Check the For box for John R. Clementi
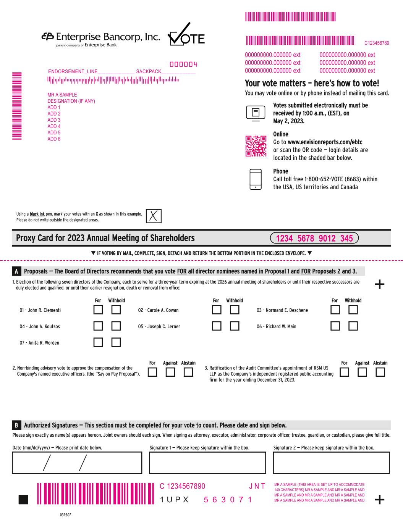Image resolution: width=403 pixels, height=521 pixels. tap(98, 310)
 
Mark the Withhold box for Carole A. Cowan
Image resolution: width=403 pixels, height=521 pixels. tap(235, 310)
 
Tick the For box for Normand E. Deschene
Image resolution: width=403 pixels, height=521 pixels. tap(335, 310)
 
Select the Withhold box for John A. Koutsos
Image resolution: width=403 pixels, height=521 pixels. tap(116, 326)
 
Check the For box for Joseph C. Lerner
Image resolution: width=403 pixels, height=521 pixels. tap(217, 326)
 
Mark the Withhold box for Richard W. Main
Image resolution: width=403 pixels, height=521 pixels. tap(353, 326)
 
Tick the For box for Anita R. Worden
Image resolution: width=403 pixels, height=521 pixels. tap(98, 343)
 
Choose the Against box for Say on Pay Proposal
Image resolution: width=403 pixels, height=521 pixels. tap(170, 373)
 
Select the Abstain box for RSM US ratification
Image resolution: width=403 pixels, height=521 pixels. tap(380, 373)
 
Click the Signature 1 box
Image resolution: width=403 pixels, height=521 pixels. tap(207, 463)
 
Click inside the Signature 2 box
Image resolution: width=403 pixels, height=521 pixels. tap(331, 463)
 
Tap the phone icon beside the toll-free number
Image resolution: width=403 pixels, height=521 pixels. tap(256, 179)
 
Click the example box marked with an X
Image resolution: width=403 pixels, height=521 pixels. tap(154, 216)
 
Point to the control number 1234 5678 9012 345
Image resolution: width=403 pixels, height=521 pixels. tap(314, 238)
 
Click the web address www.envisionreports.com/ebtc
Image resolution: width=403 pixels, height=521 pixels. tap(325, 142)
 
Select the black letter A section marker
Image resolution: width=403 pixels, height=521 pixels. tap(16, 271)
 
